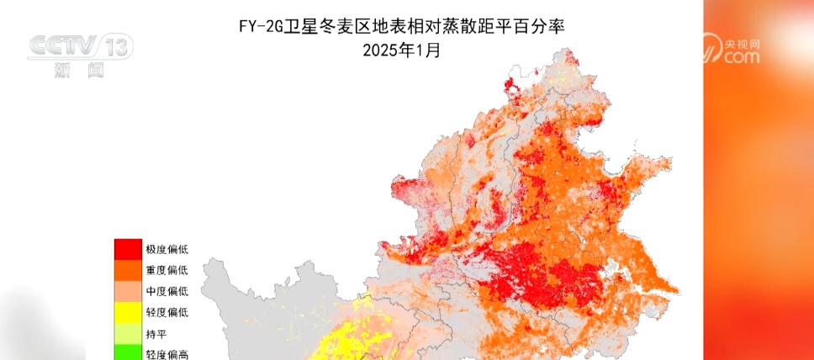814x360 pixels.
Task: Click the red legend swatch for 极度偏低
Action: (129, 249)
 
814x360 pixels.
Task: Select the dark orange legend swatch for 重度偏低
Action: (129, 270)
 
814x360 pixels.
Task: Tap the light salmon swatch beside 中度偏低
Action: (129, 291)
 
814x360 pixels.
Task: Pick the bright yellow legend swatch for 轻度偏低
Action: (129, 312)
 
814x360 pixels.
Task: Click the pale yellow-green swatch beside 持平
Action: (129, 333)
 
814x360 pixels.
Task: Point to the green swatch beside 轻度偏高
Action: (129, 352)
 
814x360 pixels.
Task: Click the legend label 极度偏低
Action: (166, 249)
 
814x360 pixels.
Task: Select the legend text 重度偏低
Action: (166, 270)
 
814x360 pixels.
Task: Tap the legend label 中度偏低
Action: (166, 291)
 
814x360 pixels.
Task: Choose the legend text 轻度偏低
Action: (166, 312)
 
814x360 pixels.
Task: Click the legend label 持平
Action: (156, 334)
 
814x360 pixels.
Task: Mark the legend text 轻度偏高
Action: (166, 354)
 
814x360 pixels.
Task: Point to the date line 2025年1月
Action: (401, 50)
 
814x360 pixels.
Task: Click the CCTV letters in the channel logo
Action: (63, 47)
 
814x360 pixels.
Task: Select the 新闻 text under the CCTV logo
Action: (78, 71)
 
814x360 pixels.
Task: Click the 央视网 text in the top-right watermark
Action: (743, 42)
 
